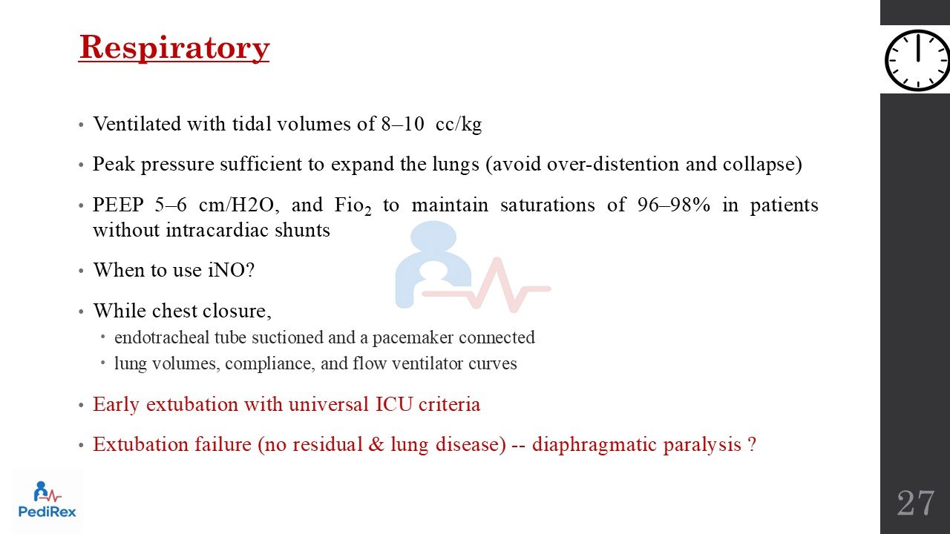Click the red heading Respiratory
point(174,49)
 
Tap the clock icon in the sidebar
point(917,60)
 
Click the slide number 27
point(915,503)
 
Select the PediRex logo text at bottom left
point(47,512)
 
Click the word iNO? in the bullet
point(231,270)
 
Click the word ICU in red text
point(394,404)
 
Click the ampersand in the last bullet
point(376,444)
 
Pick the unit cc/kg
point(459,125)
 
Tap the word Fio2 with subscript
point(353,206)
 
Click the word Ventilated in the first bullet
point(137,124)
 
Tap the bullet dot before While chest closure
point(82,312)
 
